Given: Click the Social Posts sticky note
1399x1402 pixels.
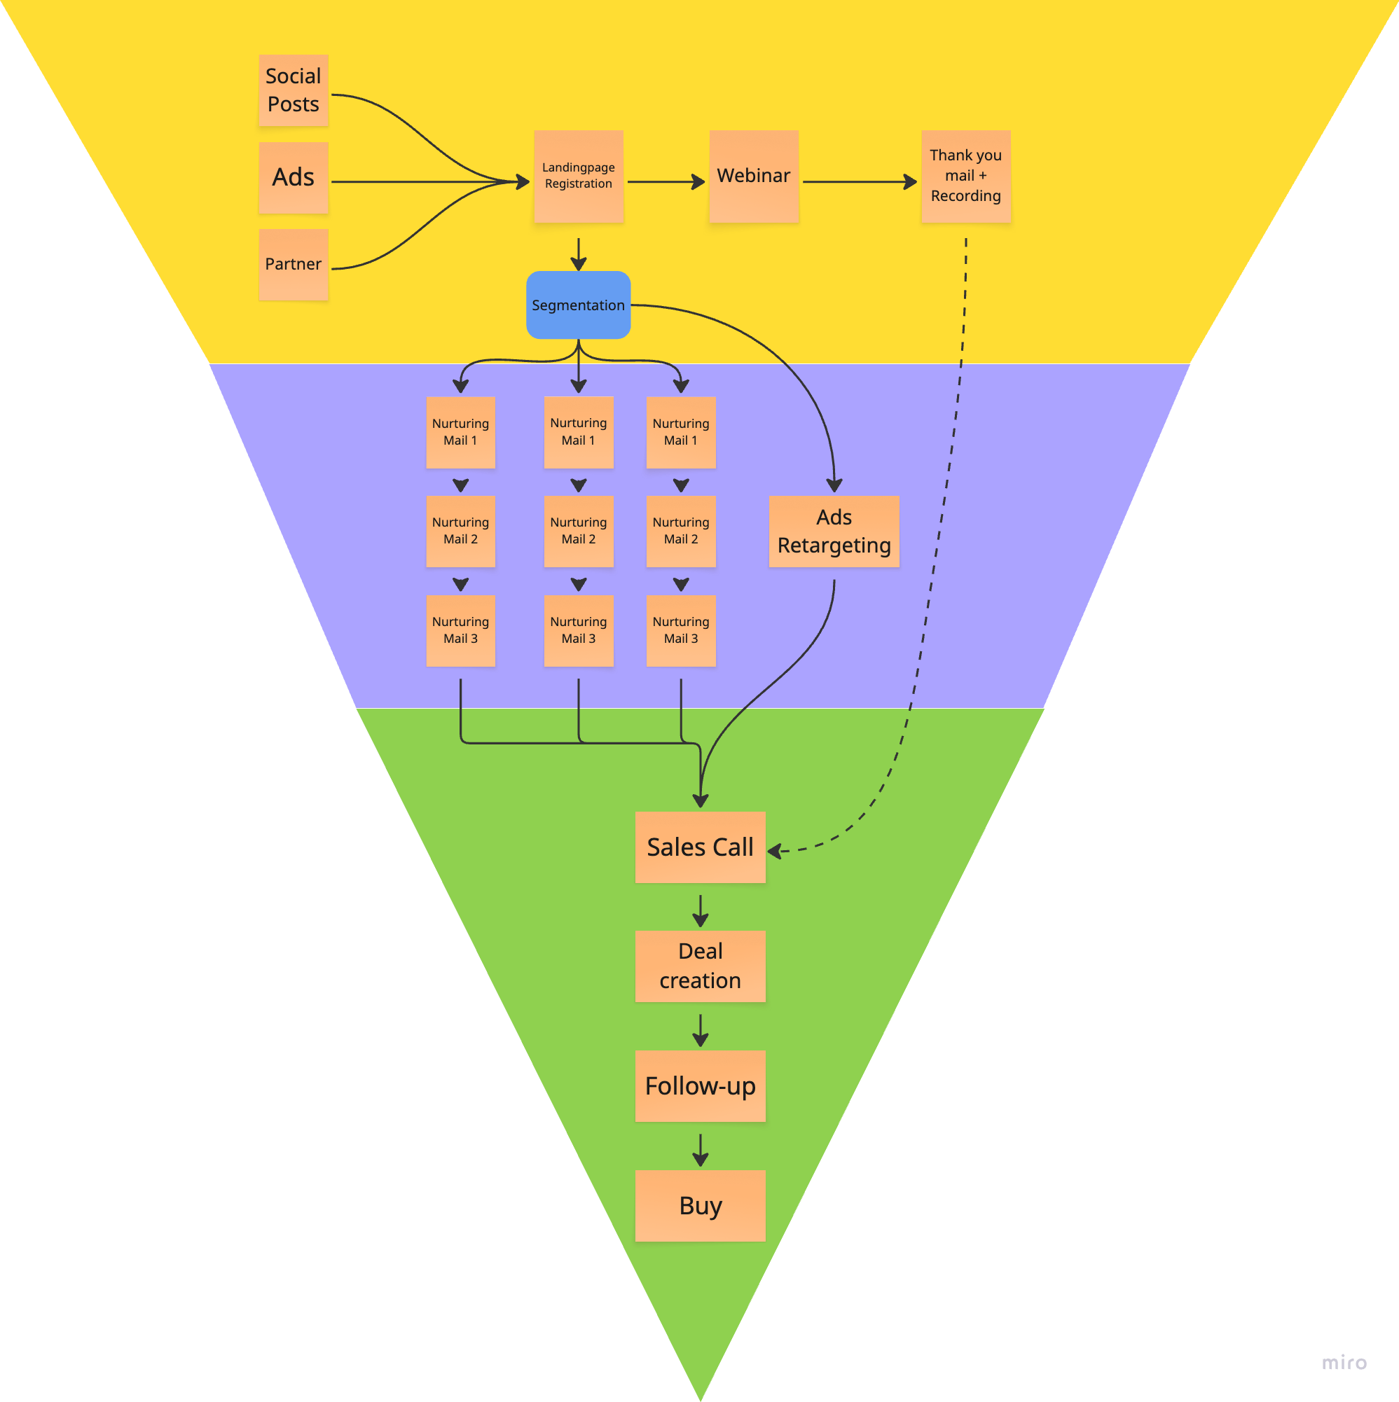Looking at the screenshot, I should [x=294, y=90].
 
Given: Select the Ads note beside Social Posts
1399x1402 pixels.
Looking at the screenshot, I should [x=294, y=177].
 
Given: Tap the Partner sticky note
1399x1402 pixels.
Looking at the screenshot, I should [x=294, y=264].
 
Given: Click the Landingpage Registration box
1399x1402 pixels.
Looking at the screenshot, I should [x=578, y=176].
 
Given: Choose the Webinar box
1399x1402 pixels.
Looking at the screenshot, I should [x=754, y=176].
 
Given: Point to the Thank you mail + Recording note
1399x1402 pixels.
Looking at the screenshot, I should [x=965, y=176].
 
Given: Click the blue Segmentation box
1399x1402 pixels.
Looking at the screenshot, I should [x=578, y=305].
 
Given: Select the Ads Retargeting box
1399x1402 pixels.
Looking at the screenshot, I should [x=834, y=532].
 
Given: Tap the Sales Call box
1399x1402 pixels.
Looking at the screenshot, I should [x=700, y=847].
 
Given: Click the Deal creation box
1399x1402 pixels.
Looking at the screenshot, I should [x=700, y=966].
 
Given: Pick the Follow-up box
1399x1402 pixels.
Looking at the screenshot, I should [x=700, y=1085].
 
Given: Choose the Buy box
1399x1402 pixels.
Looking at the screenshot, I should [x=700, y=1205].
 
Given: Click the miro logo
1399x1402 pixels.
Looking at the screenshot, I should [x=1344, y=1362].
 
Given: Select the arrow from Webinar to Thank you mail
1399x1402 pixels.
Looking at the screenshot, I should [x=860, y=182].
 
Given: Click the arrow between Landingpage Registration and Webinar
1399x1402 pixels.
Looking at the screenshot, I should [x=666, y=182].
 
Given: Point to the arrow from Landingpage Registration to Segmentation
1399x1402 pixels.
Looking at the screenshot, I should [x=579, y=254].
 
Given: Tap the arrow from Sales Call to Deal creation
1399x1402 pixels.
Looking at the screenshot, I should [x=700, y=910].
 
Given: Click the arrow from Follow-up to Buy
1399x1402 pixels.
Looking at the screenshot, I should [x=700, y=1149].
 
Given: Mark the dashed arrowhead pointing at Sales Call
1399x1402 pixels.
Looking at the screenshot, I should [x=775, y=850].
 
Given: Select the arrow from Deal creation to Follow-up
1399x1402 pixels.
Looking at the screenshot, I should [x=700, y=1029].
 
